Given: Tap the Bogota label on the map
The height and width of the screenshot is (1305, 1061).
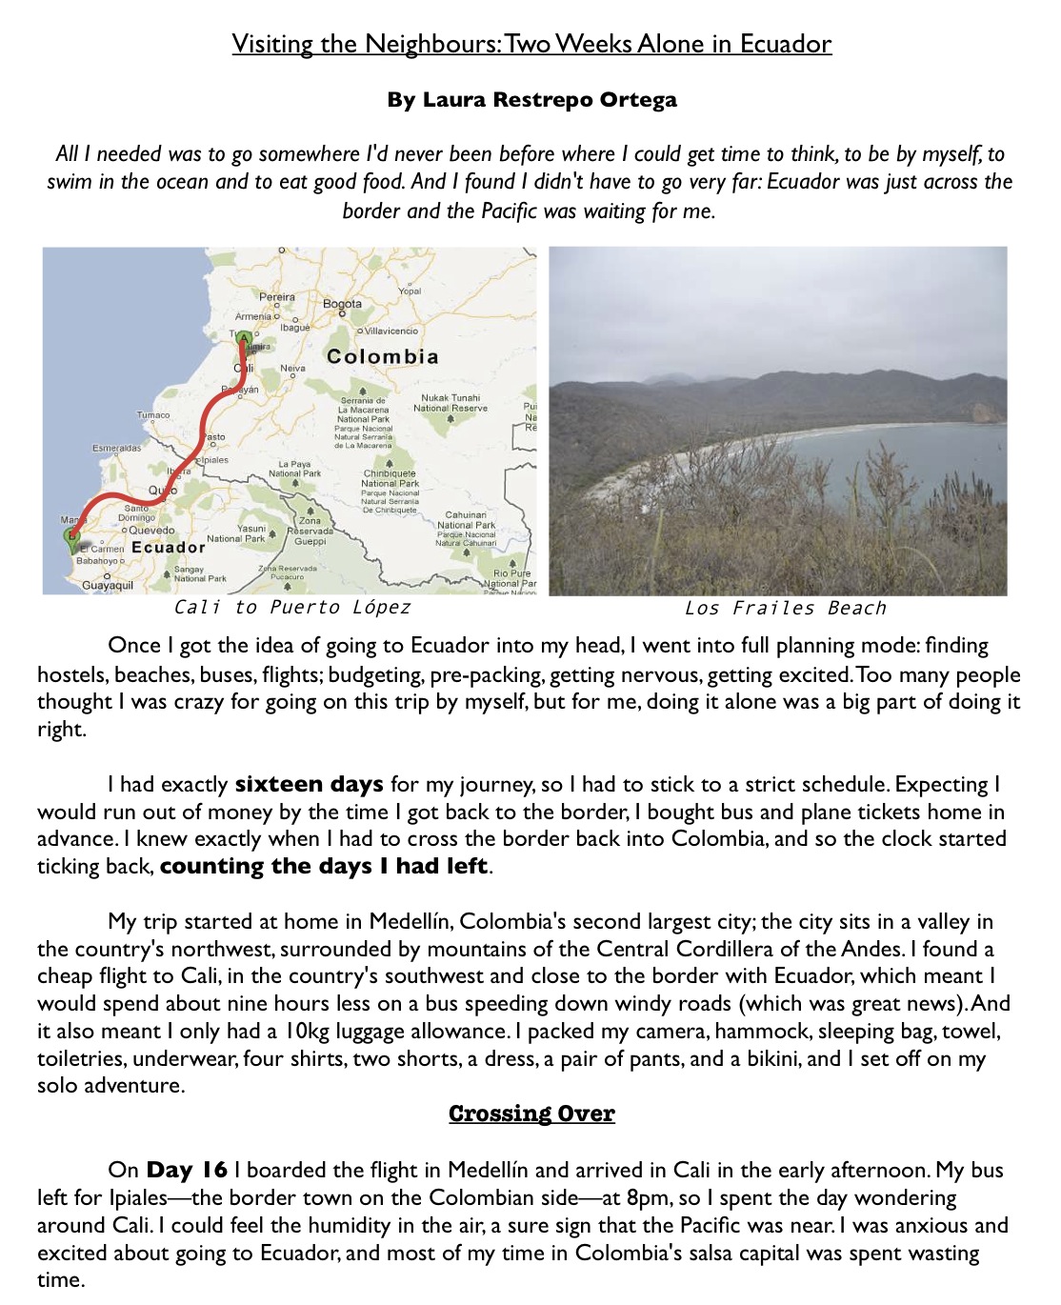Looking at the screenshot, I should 342,304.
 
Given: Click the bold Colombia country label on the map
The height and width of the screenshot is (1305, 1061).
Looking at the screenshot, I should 382,356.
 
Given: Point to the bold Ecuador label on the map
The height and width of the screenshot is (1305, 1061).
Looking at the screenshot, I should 168,548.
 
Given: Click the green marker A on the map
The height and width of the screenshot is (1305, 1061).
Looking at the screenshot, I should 243,339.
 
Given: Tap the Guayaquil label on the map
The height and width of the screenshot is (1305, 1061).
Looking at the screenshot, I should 107,585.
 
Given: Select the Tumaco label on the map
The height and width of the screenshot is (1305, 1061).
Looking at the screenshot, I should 153,415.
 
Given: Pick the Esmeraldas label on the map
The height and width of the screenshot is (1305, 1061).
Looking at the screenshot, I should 116,448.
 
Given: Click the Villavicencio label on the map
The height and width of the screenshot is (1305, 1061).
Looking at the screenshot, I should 390,331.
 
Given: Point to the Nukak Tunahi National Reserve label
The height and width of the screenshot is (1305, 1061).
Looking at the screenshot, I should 450,403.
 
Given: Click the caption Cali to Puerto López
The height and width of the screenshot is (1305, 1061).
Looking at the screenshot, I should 292,608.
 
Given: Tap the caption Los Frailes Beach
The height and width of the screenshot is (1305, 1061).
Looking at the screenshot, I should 785,609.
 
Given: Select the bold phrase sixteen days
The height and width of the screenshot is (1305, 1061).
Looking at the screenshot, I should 309,785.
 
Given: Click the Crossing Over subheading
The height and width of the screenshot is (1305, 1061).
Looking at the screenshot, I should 531,1114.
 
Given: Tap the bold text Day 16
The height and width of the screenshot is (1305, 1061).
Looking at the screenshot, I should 187,1171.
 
